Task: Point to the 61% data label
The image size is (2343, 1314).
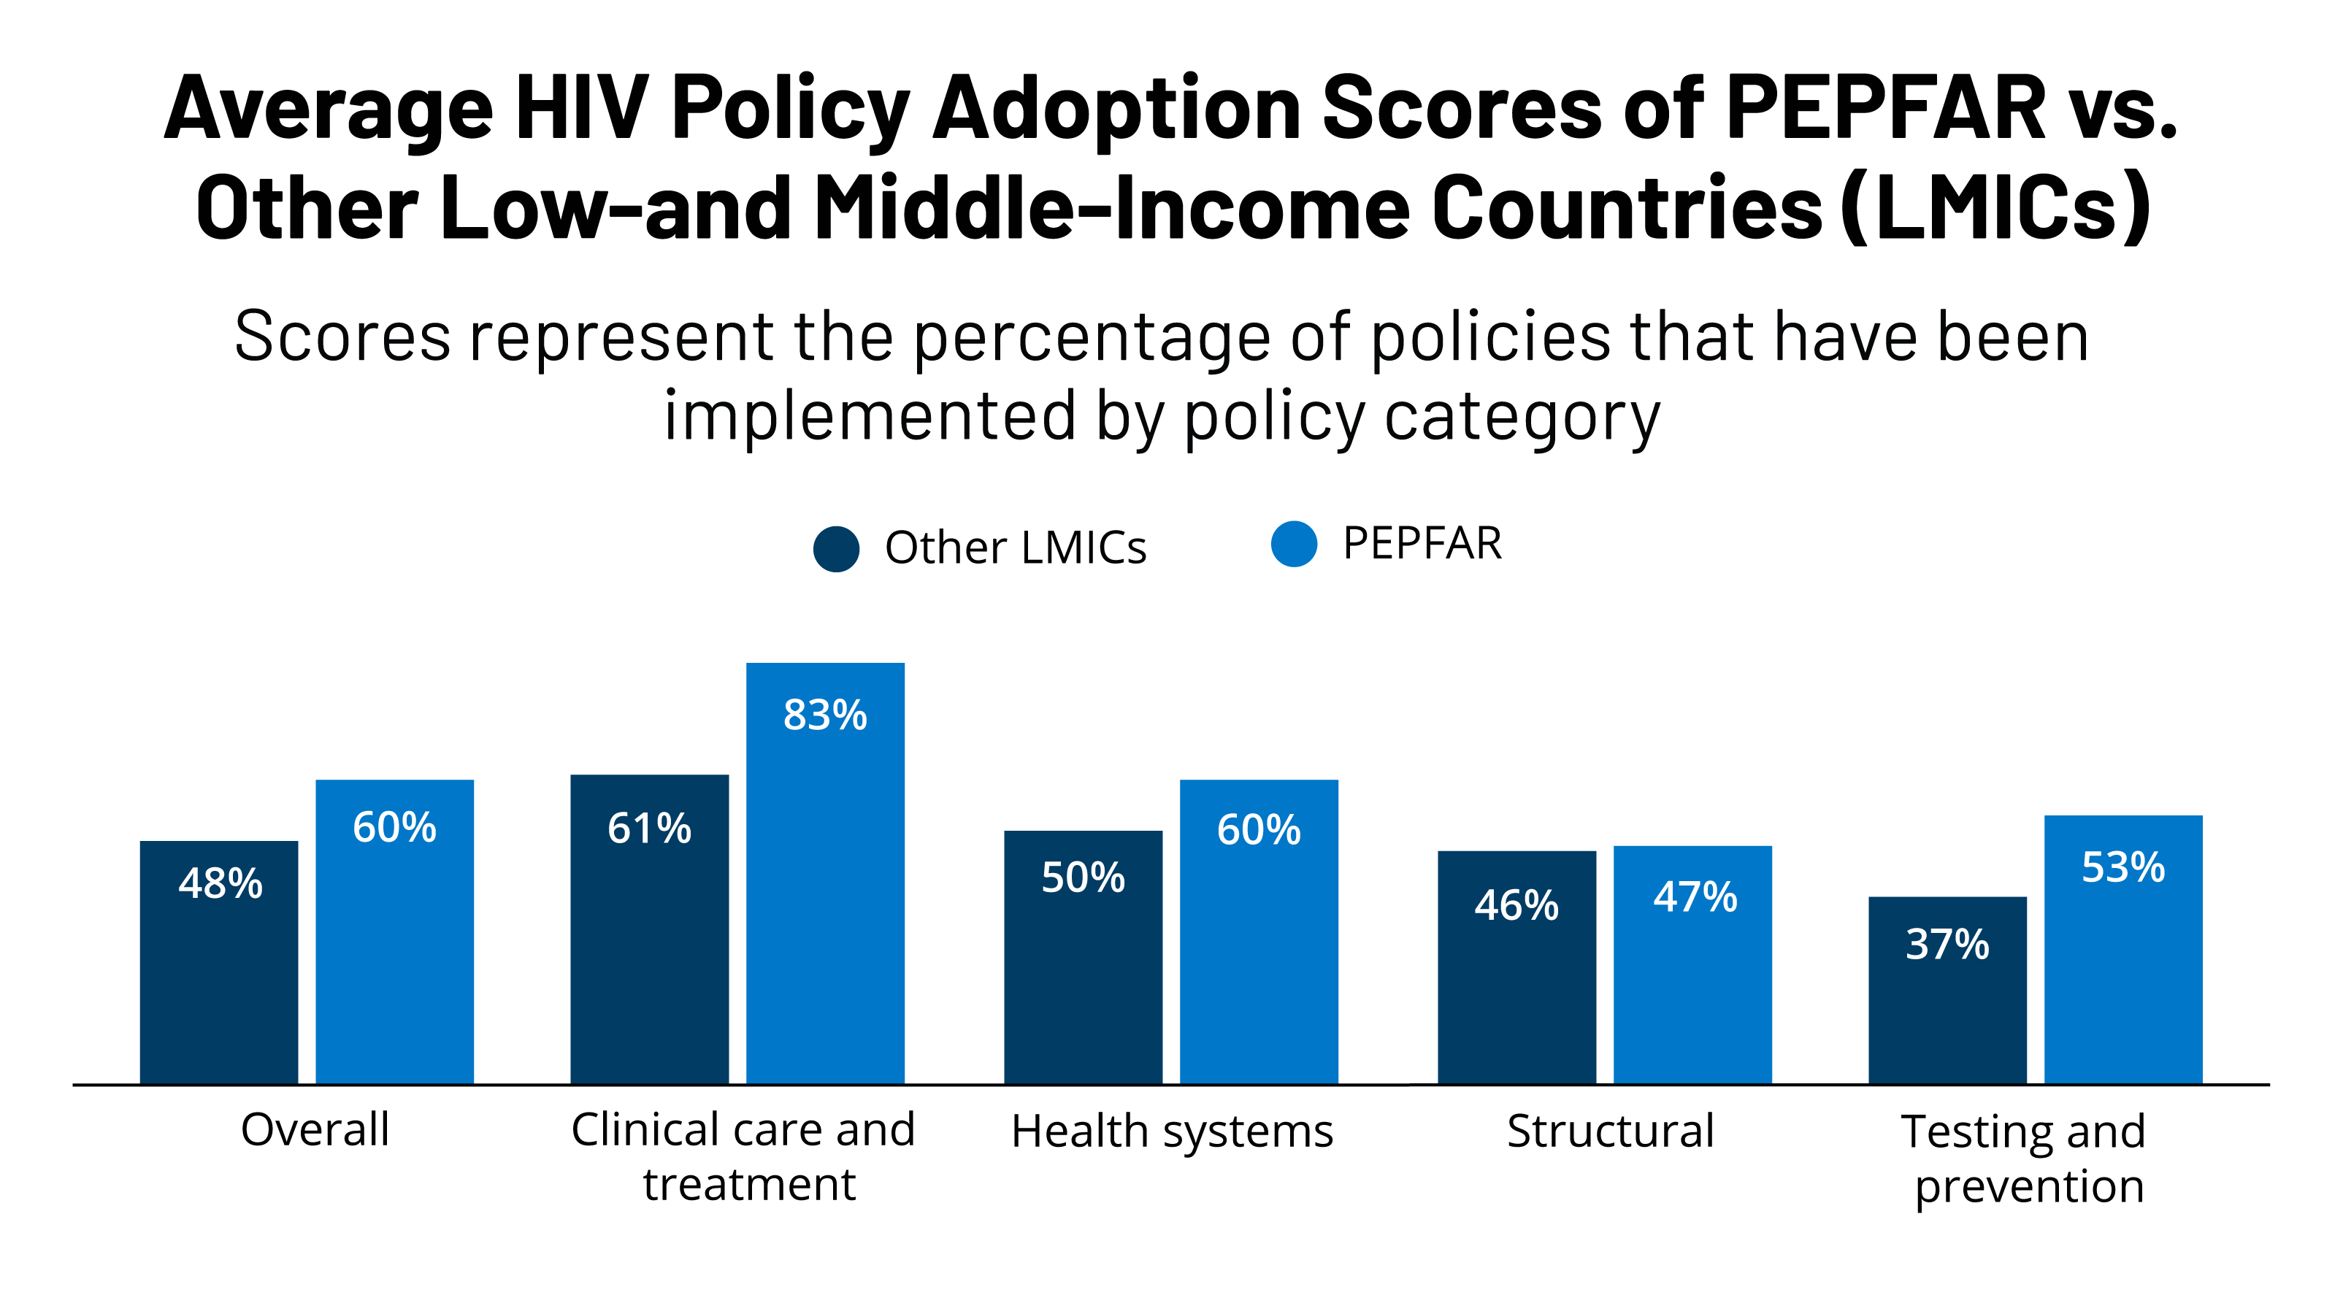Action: click(648, 829)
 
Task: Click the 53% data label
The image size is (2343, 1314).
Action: click(2123, 867)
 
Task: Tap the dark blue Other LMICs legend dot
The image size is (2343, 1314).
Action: click(836, 548)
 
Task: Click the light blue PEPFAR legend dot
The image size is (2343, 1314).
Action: click(1293, 544)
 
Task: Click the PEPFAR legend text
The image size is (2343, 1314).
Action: click(1422, 544)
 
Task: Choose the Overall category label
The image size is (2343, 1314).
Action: click(315, 1129)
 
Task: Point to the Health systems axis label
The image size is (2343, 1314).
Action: click(1171, 1131)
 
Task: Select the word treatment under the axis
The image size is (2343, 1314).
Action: click(748, 1184)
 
